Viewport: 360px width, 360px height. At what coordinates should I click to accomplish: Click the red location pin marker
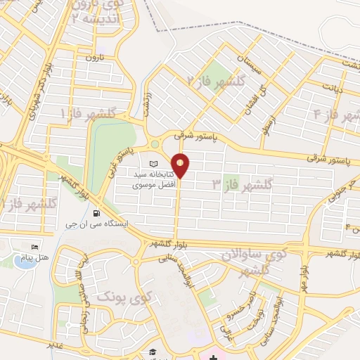point(181,165)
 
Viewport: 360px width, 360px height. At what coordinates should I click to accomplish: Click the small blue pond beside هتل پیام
point(20,262)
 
